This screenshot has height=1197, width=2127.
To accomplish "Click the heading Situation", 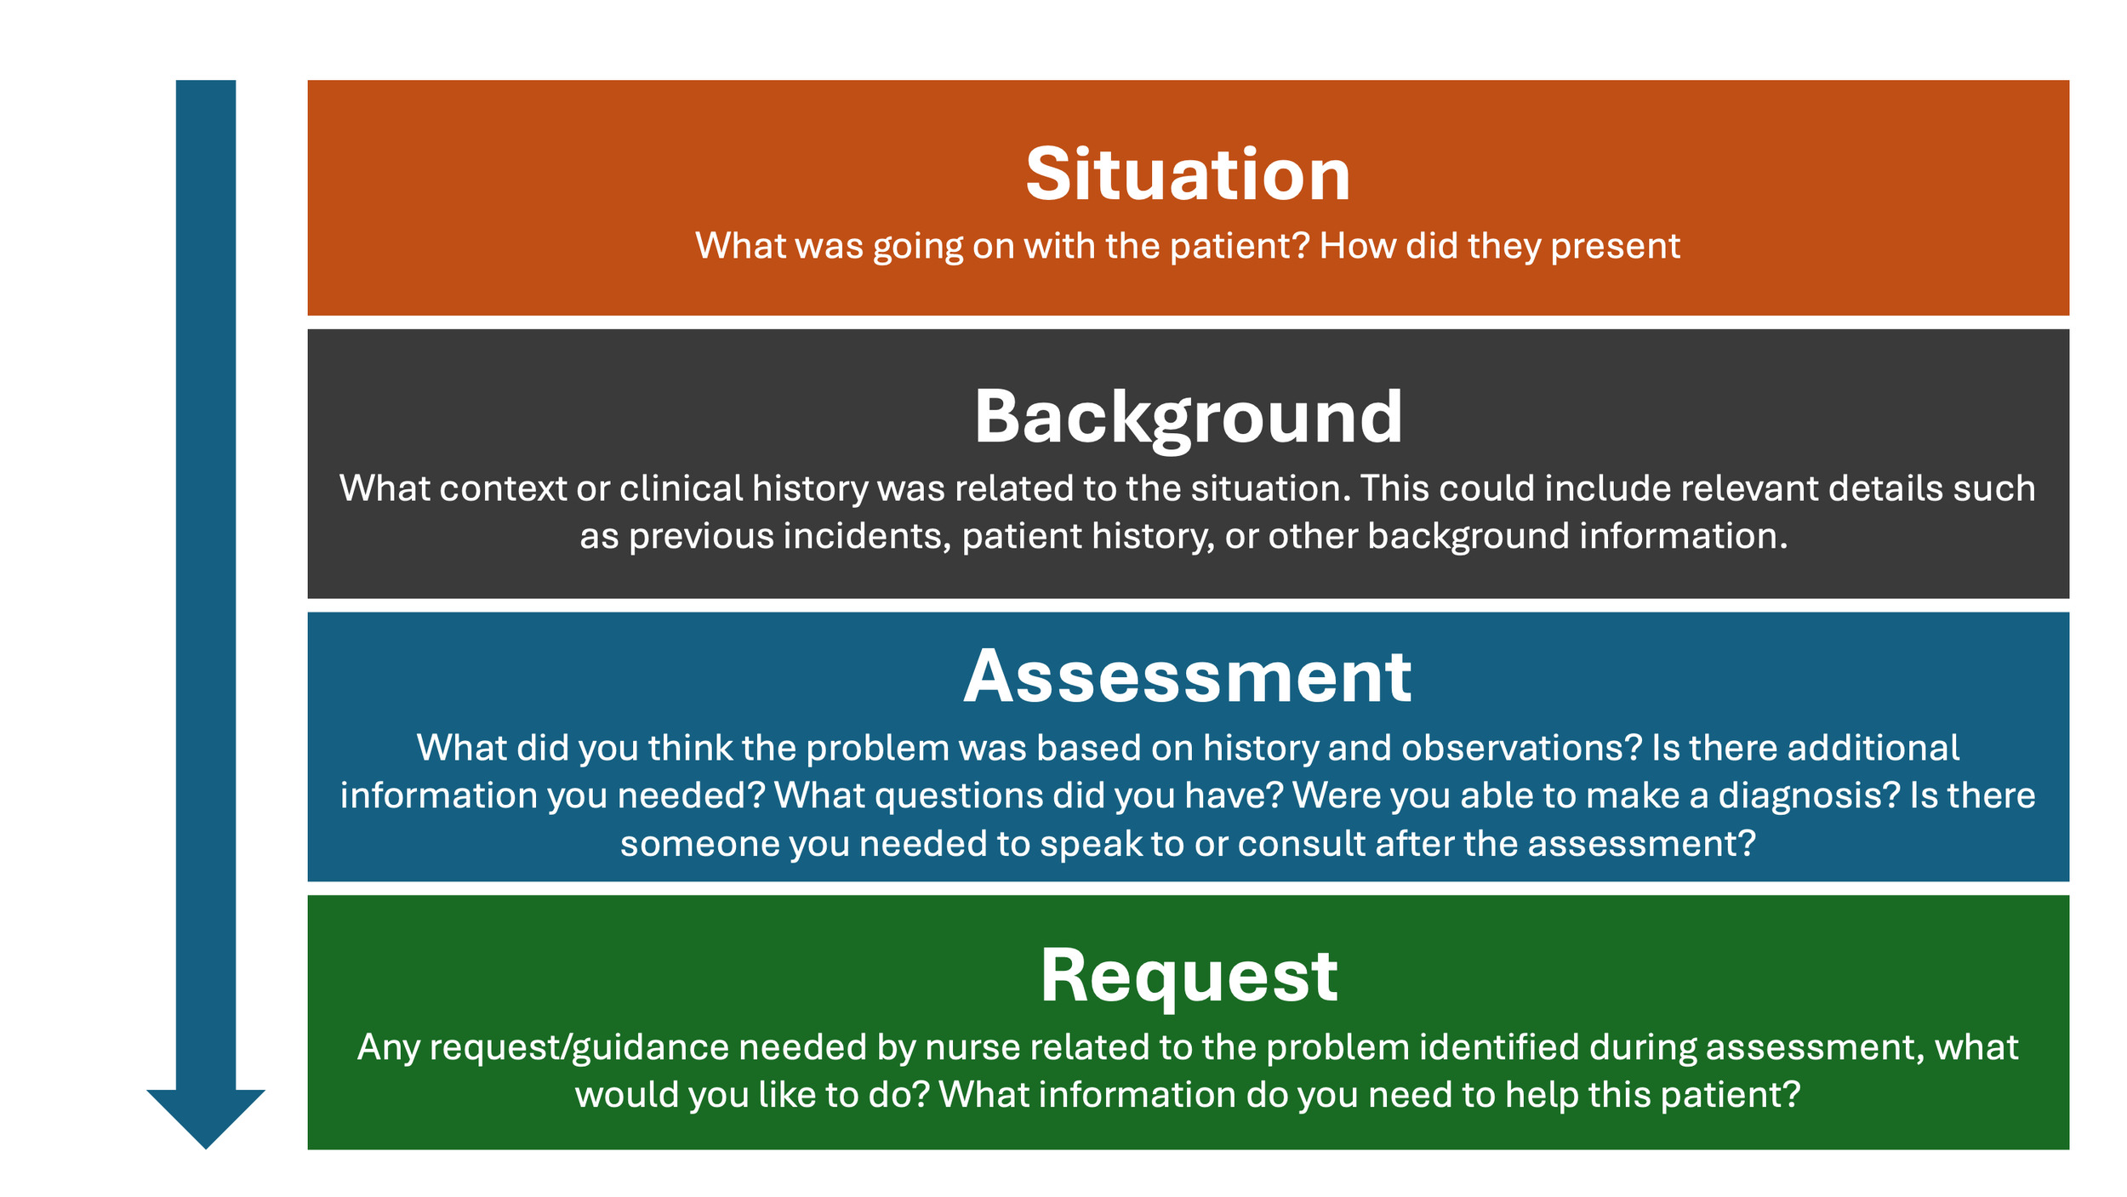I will coord(1188,175).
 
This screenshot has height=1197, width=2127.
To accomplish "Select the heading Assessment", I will coord(1188,678).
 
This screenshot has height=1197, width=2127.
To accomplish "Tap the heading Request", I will coord(1188,977).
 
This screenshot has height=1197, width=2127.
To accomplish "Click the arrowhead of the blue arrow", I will coord(205,1114).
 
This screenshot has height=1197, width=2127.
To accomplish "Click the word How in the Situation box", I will coord(1358,247).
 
